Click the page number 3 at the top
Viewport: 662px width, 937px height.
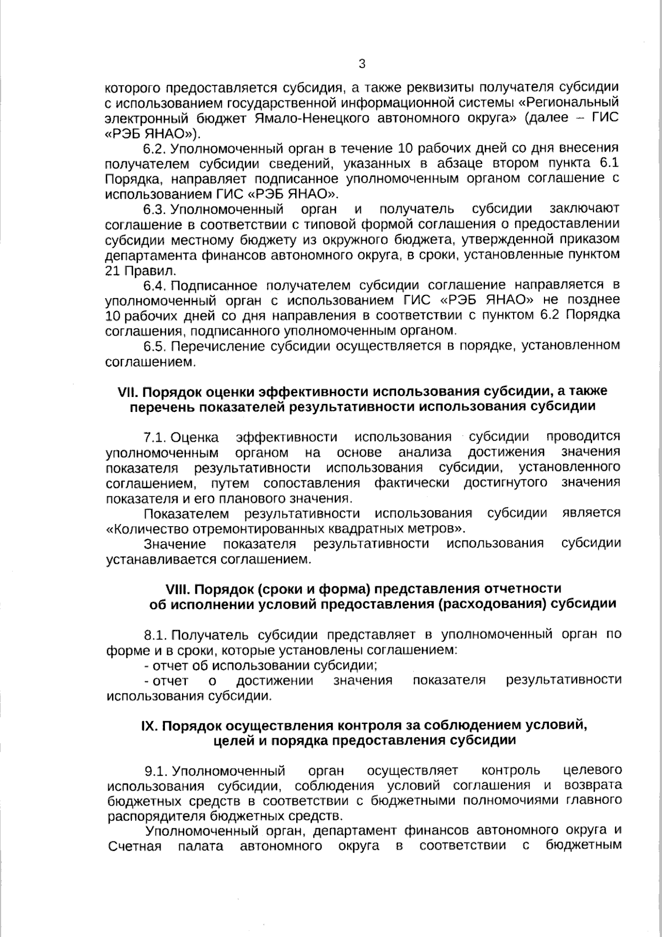[362, 64]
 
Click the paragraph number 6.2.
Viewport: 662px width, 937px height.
[155, 149]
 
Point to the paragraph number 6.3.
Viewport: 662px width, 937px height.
[155, 209]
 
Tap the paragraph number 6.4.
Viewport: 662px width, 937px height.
[155, 285]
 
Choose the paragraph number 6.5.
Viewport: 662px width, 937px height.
[155, 346]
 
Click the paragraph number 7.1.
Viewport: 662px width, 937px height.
[155, 438]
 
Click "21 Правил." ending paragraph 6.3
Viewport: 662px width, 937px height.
[132, 271]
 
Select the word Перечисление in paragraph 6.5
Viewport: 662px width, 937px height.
[215, 346]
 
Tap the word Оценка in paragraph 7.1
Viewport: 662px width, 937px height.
[195, 438]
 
